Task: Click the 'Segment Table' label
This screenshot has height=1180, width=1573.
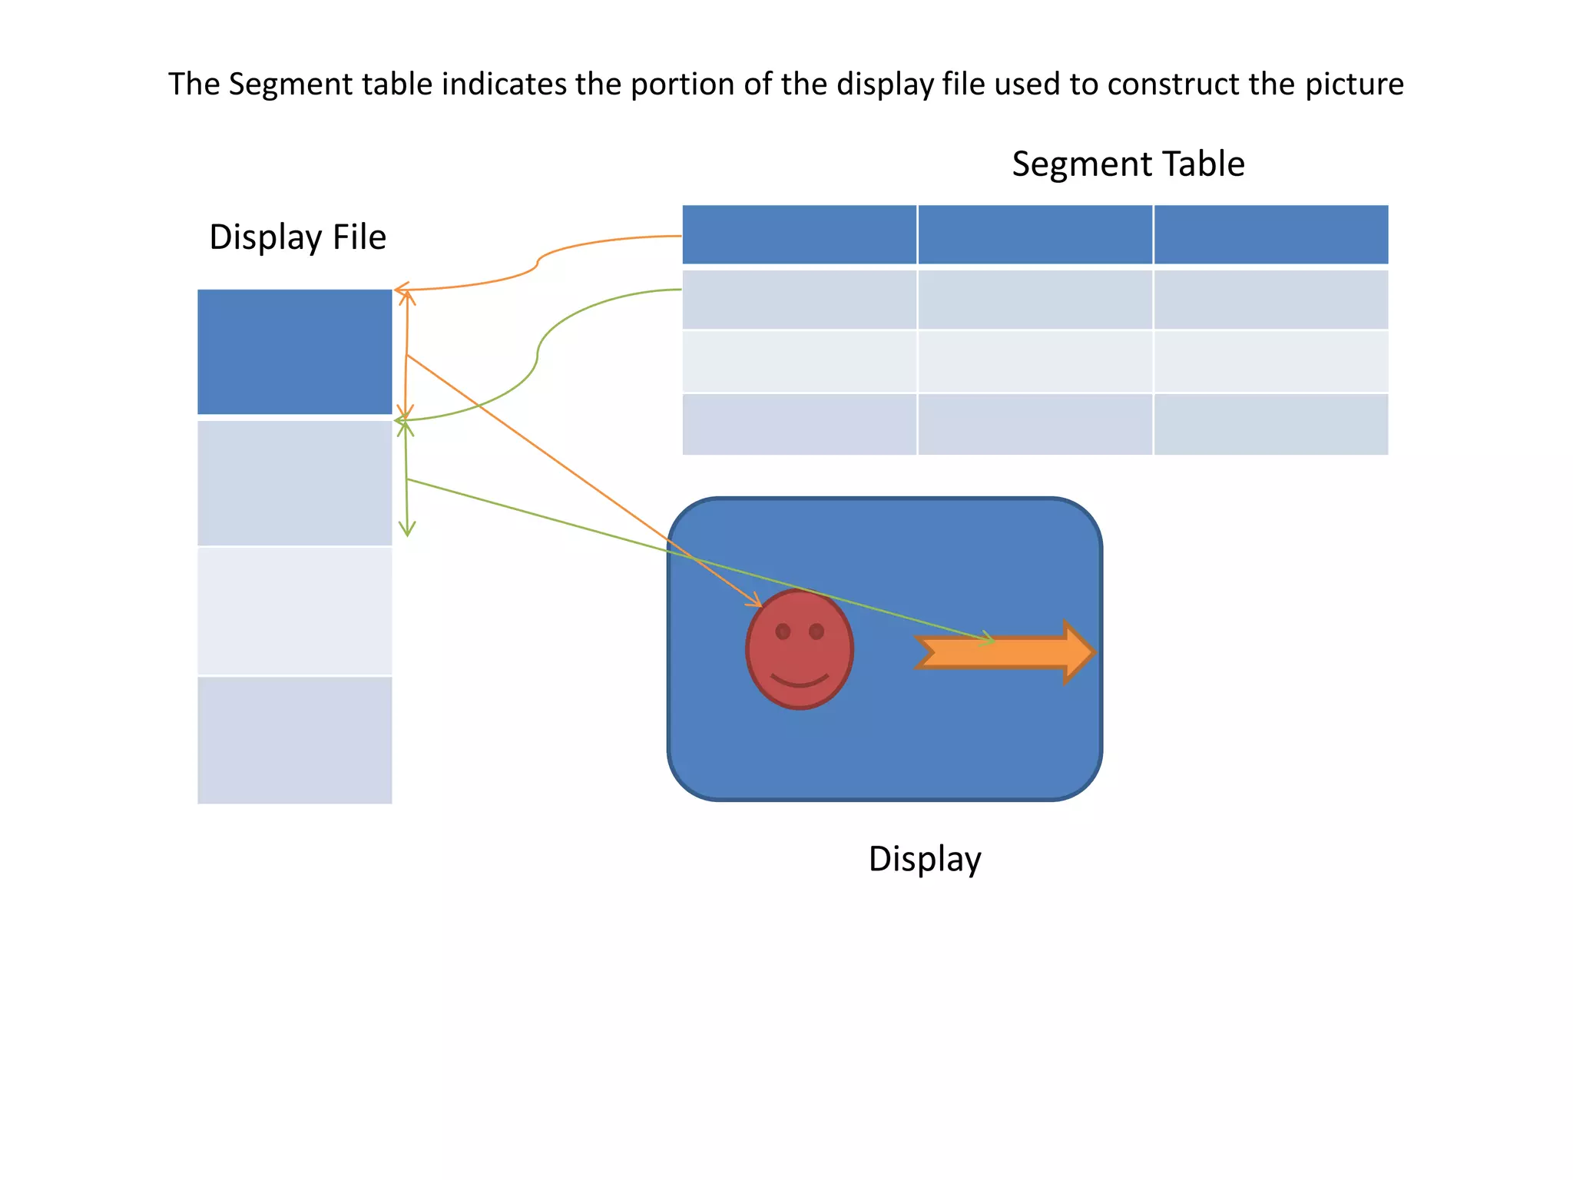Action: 1128,164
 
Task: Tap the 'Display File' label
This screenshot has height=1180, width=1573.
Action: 297,237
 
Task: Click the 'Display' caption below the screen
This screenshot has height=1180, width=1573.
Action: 925,859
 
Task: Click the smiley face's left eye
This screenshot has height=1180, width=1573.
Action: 783,631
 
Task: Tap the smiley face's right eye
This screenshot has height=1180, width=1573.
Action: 816,631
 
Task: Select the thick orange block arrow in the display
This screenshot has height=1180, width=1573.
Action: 998,652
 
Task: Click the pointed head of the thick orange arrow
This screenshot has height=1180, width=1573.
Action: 1079,652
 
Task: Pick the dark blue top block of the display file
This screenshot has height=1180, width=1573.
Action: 295,352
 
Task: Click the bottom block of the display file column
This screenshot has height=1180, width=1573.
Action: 295,740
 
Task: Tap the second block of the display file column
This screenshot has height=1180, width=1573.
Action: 295,483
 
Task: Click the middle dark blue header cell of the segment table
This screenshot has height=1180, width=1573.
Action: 1035,234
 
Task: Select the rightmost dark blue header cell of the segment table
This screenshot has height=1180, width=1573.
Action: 1270,234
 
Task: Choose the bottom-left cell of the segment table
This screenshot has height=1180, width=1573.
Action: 799,424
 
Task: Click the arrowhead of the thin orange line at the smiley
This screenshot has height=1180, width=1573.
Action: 757,602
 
